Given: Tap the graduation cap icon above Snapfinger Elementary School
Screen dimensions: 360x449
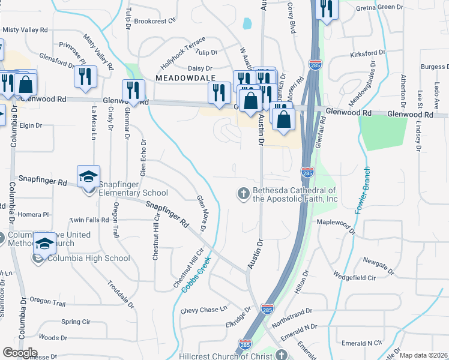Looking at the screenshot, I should point(88,176).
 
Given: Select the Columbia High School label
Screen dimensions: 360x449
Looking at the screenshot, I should point(88,259).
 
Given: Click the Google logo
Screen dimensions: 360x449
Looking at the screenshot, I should point(20,352).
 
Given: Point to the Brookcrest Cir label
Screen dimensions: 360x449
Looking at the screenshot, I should point(154,20).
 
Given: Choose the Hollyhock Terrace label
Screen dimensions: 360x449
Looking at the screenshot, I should point(183,56).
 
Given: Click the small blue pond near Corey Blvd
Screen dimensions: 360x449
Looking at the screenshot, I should point(247,24).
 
